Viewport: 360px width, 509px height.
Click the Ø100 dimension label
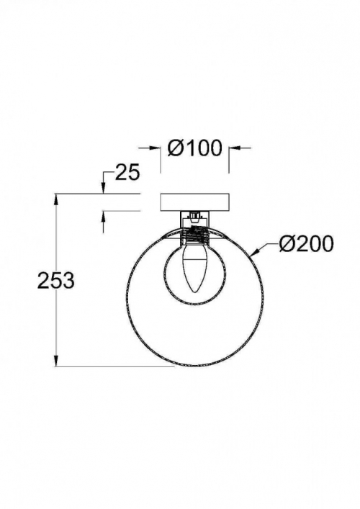[x=195, y=148]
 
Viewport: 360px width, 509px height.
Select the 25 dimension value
[x=127, y=172]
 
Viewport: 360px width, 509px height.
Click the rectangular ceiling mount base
[x=194, y=202]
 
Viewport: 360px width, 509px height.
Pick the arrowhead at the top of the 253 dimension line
[x=56, y=200]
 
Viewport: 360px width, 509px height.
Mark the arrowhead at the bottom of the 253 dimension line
[x=56, y=360]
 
